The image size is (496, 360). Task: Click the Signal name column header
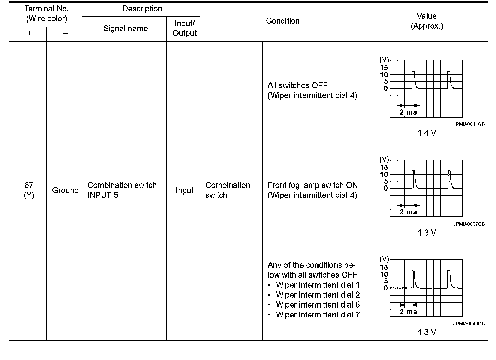pos(125,29)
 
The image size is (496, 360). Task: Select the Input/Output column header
pos(184,28)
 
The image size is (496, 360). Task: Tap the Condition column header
pos(283,21)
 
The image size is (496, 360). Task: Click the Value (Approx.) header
pos(427,21)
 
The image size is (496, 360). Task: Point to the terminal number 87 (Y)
pos(29,190)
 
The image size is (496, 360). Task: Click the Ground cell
pos(65,190)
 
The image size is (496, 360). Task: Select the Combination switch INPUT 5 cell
pos(122,190)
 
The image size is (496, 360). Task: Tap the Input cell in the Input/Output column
pos(184,190)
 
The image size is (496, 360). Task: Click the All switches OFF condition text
pos(297,86)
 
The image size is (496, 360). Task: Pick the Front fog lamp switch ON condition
pos(312,185)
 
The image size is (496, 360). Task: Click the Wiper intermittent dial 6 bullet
pos(317,304)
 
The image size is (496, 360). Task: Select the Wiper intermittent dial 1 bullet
pos(317,285)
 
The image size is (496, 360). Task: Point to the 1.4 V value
pos(427,133)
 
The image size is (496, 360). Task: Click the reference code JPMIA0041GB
pos(469,124)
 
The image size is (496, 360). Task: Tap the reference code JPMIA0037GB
pos(469,224)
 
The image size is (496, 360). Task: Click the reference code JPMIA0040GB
pos(469,324)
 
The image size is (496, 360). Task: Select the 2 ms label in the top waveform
pos(408,112)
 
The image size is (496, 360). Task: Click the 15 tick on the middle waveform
pos(384,167)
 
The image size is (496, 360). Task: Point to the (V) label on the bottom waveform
pos(384,259)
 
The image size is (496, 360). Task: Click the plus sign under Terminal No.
pos(29,33)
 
